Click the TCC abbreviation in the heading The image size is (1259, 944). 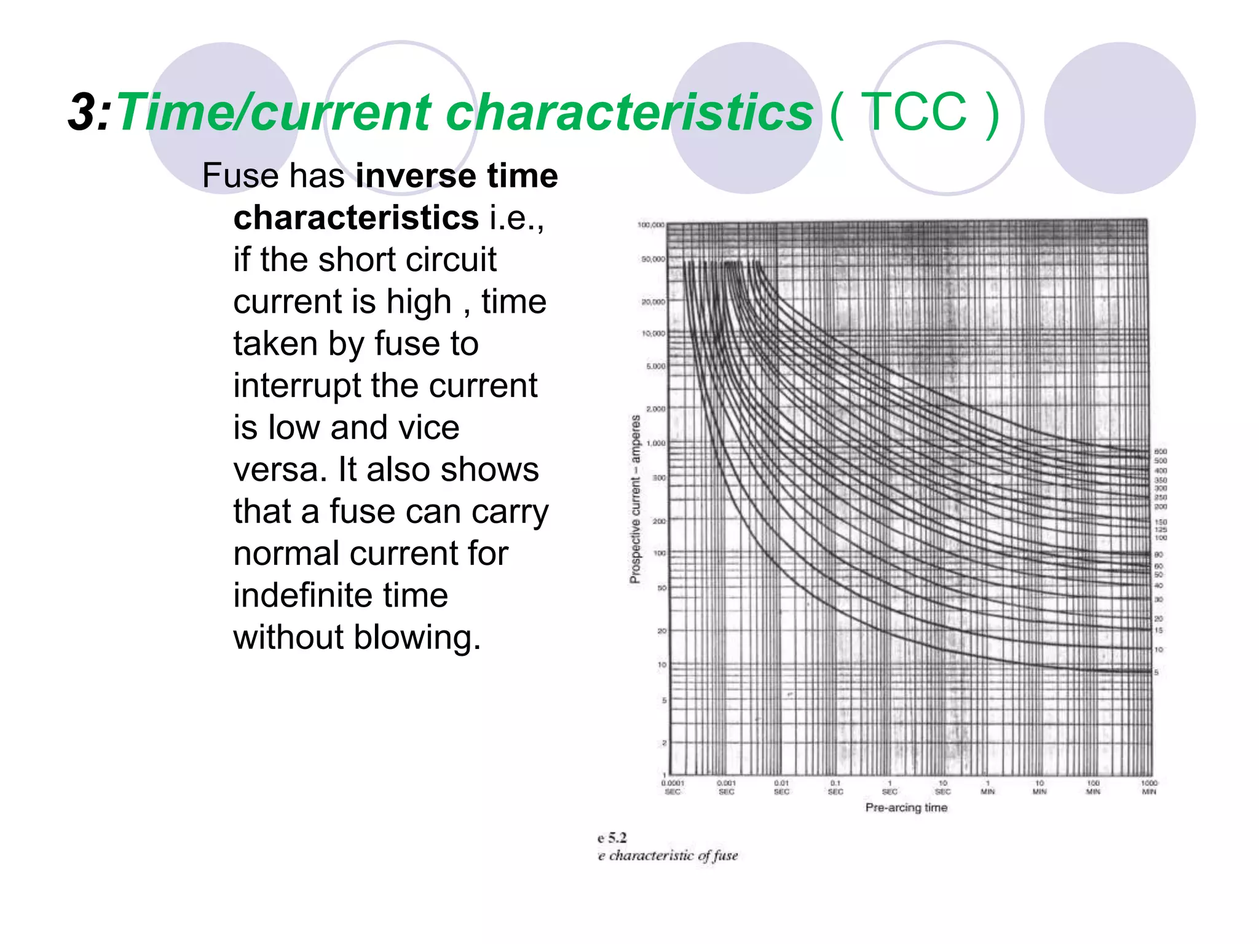(914, 112)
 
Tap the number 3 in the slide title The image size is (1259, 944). (81, 112)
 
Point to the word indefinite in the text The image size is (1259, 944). (341, 595)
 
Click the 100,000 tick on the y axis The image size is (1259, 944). (651, 225)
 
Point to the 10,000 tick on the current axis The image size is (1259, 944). (653, 334)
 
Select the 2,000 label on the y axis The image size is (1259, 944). (655, 409)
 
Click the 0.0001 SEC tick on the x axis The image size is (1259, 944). (673, 787)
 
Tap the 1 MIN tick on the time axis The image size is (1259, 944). (988, 787)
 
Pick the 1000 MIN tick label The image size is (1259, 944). (1149, 787)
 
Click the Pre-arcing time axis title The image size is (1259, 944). (906, 808)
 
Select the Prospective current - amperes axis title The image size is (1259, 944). (635, 498)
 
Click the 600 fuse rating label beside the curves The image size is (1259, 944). (1160, 452)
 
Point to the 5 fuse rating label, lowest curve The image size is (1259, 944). (1156, 672)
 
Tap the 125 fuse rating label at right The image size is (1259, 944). (1160, 530)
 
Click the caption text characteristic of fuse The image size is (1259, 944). (673, 855)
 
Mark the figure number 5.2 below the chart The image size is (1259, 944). (617, 838)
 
